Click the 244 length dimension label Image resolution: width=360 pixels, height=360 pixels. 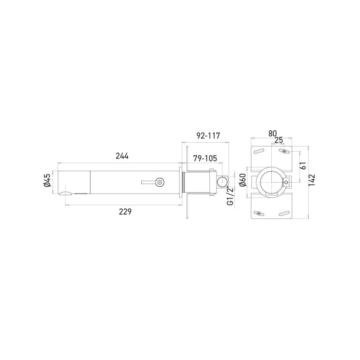pyautogui.click(x=122, y=156)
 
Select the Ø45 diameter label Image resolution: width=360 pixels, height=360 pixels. pyautogui.click(x=47, y=182)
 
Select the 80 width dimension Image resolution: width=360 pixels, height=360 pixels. pyautogui.click(x=272, y=133)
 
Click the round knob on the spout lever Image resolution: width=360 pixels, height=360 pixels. pyautogui.click(x=158, y=182)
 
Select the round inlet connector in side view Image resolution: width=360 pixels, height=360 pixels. pyautogui.click(x=222, y=182)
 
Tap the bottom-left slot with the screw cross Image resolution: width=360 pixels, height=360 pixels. pyautogui.click(x=259, y=214)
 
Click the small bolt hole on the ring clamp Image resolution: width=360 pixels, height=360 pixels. pyautogui.click(x=287, y=182)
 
